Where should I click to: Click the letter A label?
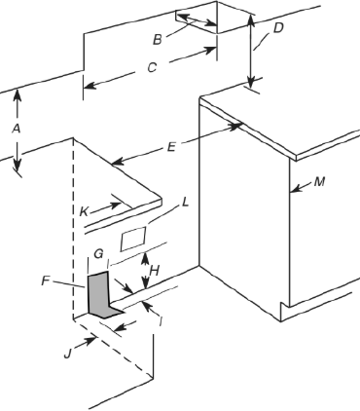coord(16,128)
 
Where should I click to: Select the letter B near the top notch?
coord(157,39)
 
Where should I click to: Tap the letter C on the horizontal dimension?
coord(151,68)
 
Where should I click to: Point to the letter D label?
coord(278,27)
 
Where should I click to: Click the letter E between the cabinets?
coord(171,147)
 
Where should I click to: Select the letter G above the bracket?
coord(96,253)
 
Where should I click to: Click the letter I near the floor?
coord(160,318)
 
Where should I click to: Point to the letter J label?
coord(68,353)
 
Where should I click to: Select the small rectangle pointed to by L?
coord(133,236)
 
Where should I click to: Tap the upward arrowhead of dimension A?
coord(16,94)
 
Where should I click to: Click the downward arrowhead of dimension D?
coord(252,86)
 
